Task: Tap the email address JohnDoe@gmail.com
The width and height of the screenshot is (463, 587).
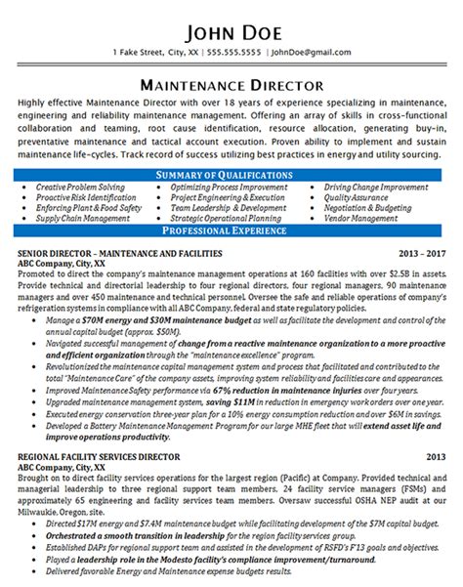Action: tap(313, 51)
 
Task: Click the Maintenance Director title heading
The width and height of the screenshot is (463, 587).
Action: tap(231, 83)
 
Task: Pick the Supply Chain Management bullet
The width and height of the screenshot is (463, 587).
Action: tap(82, 218)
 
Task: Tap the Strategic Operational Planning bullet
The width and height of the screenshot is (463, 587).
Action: tap(227, 218)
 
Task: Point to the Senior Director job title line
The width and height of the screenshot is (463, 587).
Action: tap(118, 254)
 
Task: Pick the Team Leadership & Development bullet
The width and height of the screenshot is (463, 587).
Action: tap(229, 207)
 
